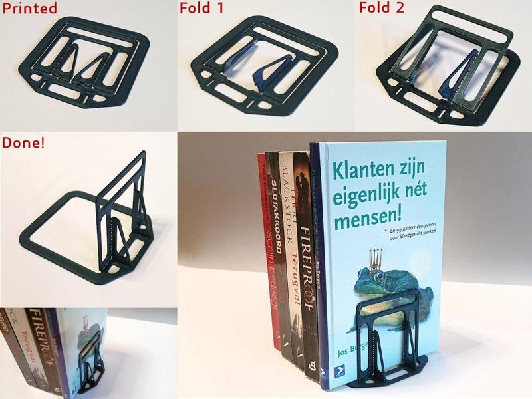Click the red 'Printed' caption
click(x=29, y=8)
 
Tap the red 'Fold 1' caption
click(x=202, y=8)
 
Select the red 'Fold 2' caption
click(x=382, y=8)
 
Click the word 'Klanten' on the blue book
click(x=364, y=163)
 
